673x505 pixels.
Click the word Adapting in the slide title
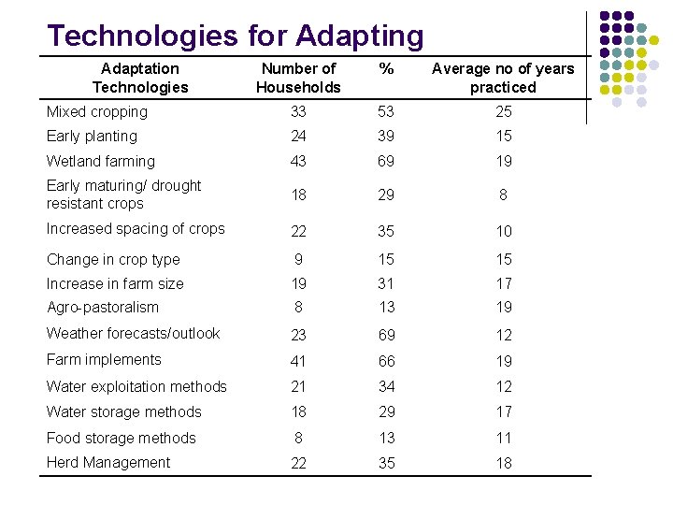(x=359, y=36)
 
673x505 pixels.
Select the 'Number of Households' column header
(x=298, y=78)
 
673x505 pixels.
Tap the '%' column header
(x=385, y=69)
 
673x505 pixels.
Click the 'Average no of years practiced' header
(x=503, y=78)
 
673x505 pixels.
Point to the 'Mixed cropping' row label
(x=97, y=112)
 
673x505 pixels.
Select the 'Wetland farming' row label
(x=101, y=162)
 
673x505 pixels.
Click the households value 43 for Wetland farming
(x=298, y=162)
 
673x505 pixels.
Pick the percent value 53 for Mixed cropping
(x=386, y=112)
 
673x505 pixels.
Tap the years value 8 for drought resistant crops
(x=504, y=195)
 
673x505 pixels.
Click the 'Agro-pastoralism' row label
(x=103, y=308)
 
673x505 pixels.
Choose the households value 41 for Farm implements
(x=298, y=361)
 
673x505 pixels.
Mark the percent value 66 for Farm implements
(x=386, y=361)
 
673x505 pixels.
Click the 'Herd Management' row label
(x=108, y=463)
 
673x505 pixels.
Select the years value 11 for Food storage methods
(x=504, y=439)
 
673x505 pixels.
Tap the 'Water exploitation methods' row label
(x=136, y=387)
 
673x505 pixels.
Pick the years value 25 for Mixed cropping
(x=504, y=112)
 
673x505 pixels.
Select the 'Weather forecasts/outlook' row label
(x=134, y=334)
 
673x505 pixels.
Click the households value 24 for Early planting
(x=298, y=137)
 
